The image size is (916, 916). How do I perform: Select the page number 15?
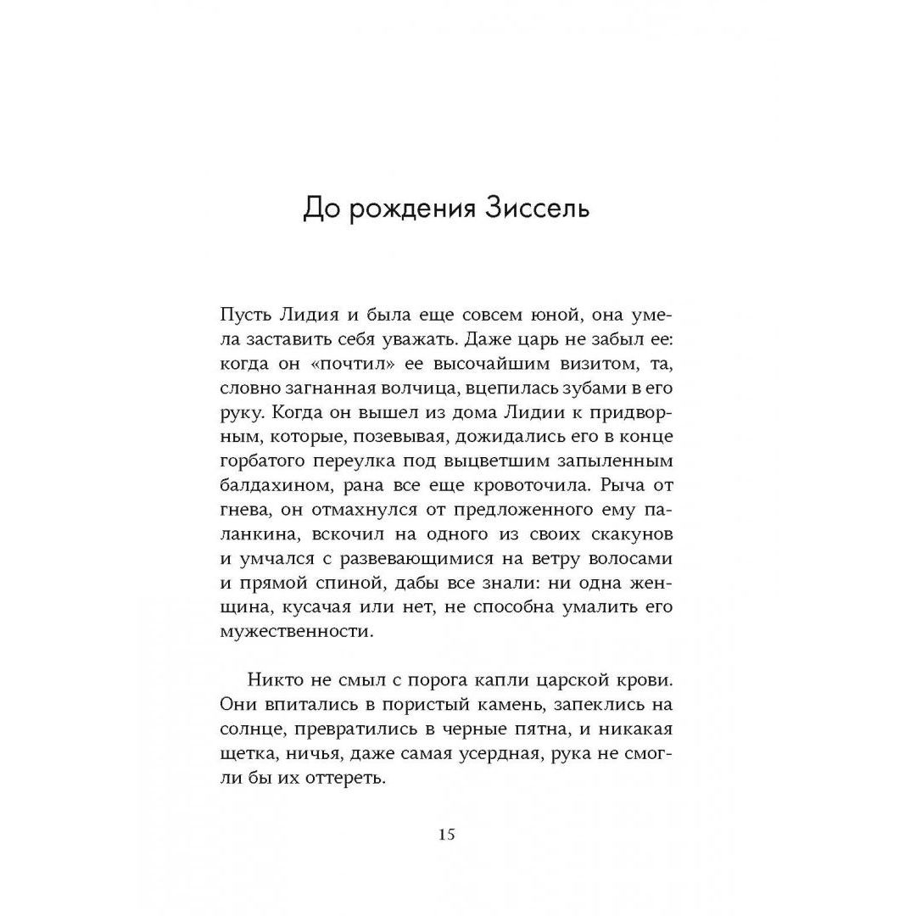click(447, 834)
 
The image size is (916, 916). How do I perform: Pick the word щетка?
click(244, 756)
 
